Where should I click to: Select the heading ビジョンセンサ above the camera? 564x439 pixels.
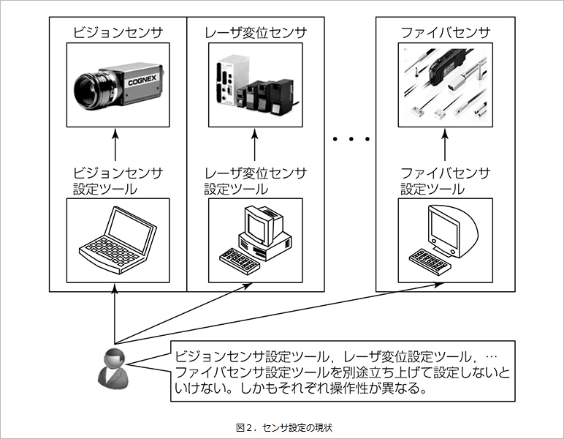(x=118, y=33)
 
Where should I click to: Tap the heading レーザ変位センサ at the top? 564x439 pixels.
(x=256, y=33)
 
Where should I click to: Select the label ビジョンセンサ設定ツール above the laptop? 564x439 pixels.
(x=118, y=180)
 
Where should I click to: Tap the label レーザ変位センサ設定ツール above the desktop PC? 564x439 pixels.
(x=256, y=180)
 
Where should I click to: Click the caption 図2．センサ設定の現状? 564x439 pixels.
(x=281, y=426)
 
